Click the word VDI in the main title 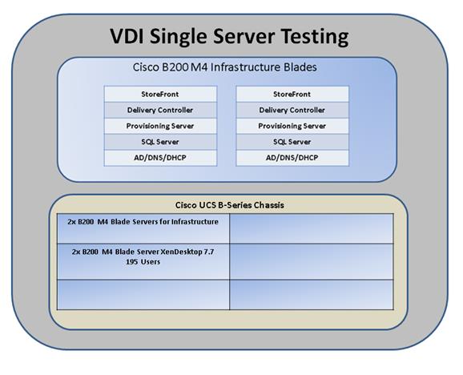(x=128, y=36)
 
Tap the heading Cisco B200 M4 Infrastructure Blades (x=225, y=67)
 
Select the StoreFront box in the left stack (x=160, y=95)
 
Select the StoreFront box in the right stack (x=292, y=95)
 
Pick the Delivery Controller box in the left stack (x=160, y=110)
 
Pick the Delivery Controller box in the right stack (x=292, y=110)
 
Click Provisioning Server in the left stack (x=160, y=126)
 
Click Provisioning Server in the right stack (x=292, y=126)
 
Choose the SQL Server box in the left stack (x=160, y=142)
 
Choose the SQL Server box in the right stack (x=292, y=142)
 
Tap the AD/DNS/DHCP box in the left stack (x=160, y=158)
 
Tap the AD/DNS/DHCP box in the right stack (x=292, y=158)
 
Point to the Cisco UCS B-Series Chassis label (x=229, y=205)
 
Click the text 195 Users (x=143, y=262)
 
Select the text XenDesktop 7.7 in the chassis (x=187, y=252)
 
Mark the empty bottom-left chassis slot (x=143, y=295)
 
